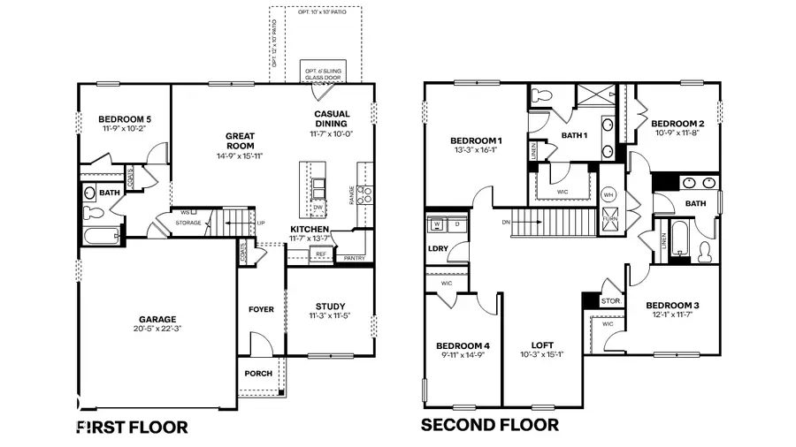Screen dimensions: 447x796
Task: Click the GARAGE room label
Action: [157, 320]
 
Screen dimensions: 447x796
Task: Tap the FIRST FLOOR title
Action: [132, 428]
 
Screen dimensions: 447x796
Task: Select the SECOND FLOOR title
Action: [489, 425]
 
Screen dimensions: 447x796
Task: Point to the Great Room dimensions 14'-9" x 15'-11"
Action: [240, 156]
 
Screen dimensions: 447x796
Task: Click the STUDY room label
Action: [331, 307]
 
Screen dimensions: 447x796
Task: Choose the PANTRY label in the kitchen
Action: [355, 259]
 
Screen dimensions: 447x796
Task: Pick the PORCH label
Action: [258, 373]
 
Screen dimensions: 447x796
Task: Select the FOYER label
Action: [261, 309]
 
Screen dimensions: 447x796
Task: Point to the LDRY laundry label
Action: [438, 248]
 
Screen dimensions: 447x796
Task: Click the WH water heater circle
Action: [608, 194]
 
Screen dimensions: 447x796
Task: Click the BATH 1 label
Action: [575, 135]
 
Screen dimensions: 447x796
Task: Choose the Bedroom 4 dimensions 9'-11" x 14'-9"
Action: [463, 355]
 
